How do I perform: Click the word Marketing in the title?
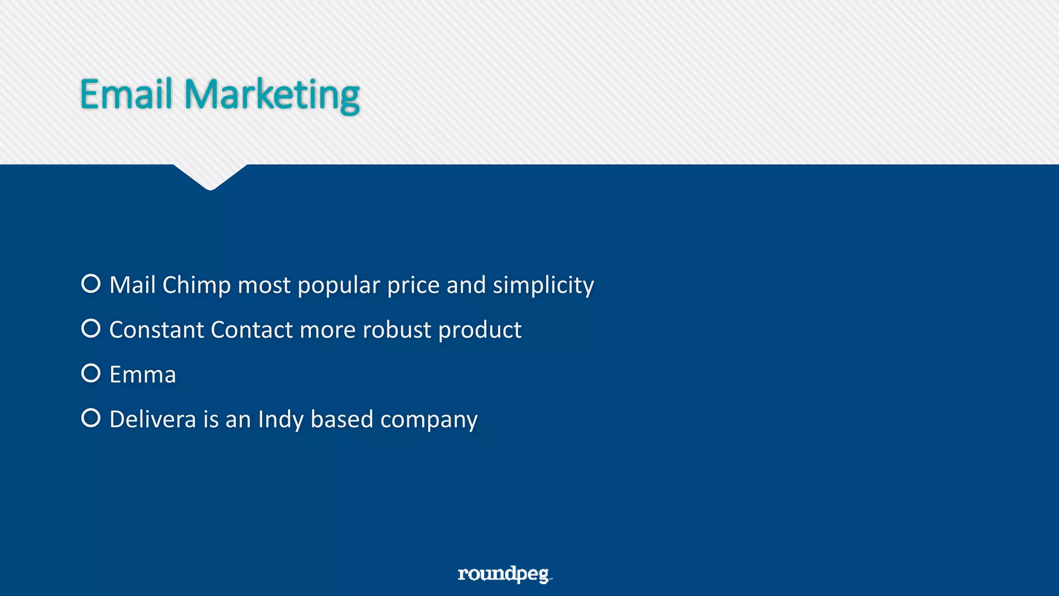pos(272,95)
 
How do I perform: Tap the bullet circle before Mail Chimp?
pos(91,284)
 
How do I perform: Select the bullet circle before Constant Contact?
pos(91,329)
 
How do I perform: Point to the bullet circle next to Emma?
pos(91,373)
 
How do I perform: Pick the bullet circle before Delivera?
pos(91,418)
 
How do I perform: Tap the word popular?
pos(339,285)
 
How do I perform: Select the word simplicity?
pos(543,285)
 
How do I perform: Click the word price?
pos(413,285)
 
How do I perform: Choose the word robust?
pos(397,330)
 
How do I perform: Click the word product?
pos(480,330)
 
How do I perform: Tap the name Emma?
pos(143,375)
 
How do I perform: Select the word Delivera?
pos(153,419)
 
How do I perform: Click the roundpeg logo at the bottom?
pos(504,574)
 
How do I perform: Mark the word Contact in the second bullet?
pos(252,330)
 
